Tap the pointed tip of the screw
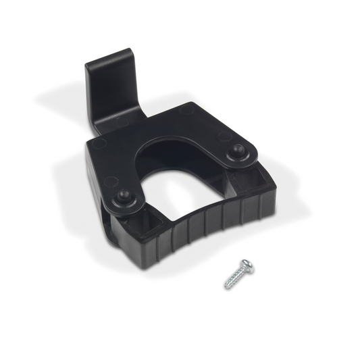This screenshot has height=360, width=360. tap(226, 286)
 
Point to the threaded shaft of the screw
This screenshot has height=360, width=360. tap(236, 279)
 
